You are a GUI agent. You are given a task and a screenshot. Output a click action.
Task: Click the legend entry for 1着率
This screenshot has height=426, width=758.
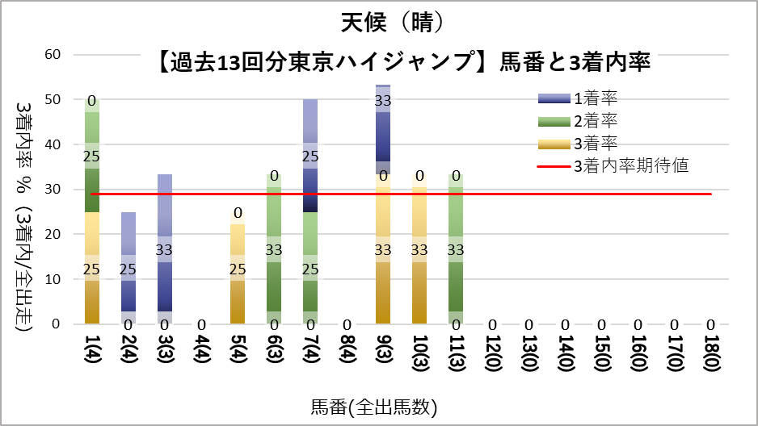[x=595, y=98]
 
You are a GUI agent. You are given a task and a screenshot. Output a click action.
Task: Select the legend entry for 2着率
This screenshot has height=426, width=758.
[x=595, y=121]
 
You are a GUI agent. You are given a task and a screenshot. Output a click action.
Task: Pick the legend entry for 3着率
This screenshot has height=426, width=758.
[x=595, y=144]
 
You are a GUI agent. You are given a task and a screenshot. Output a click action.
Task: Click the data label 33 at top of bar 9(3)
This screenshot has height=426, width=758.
[x=383, y=101]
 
